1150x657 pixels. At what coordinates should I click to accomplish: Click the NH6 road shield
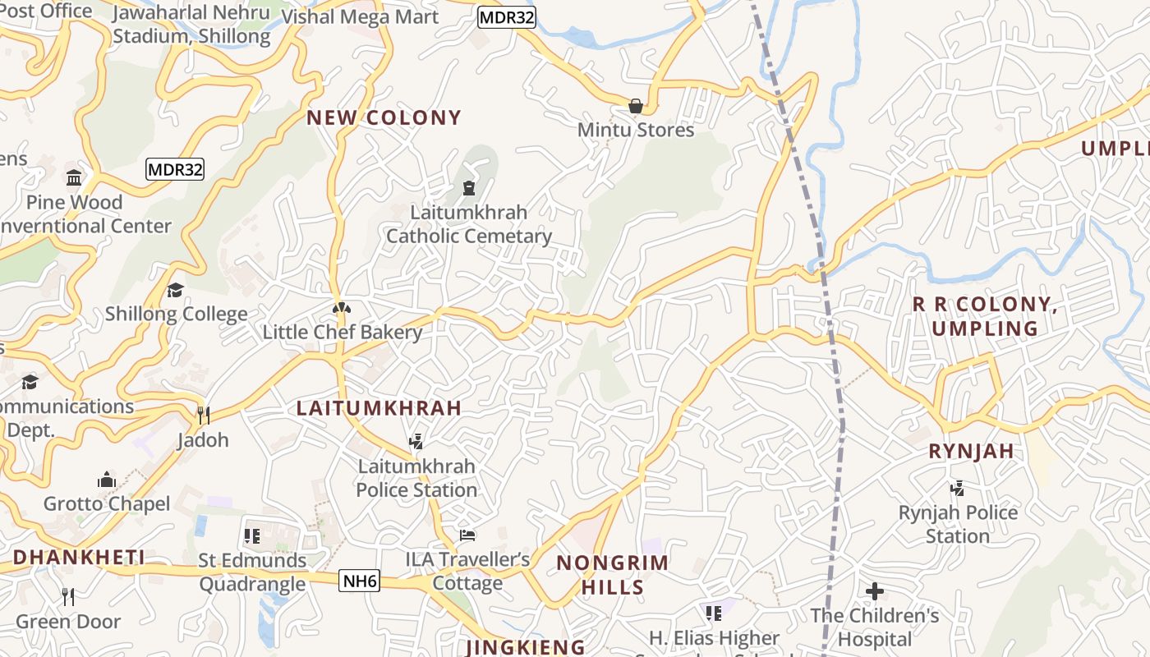[360, 581]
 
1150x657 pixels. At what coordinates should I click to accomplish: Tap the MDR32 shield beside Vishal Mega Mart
[507, 17]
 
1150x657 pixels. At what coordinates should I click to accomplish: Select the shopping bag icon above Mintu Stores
[635, 106]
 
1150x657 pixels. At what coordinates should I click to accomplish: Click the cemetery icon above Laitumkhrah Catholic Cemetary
[468, 188]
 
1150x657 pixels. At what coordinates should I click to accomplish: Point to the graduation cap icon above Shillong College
[175, 290]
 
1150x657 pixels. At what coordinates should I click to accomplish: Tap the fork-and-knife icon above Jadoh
[203, 416]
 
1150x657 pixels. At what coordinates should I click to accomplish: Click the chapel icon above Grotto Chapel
[107, 480]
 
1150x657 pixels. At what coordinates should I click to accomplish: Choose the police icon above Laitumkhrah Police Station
[416, 442]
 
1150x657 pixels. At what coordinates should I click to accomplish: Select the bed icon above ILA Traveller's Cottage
[467, 535]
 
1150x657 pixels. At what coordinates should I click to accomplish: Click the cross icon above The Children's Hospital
[875, 590]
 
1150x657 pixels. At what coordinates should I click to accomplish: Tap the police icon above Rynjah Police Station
[957, 489]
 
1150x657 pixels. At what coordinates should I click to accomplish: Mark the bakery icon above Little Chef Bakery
[342, 309]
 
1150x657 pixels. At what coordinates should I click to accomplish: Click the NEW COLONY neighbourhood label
[384, 117]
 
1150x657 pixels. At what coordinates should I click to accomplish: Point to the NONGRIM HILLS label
[613, 575]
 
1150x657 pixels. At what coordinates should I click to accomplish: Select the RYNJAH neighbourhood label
[971, 451]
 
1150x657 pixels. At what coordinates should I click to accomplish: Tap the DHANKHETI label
[79, 558]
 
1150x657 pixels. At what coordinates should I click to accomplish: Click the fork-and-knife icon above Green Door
[68, 597]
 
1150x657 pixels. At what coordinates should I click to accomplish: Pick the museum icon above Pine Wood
[74, 177]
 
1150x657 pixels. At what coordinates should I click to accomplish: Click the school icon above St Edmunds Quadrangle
[252, 536]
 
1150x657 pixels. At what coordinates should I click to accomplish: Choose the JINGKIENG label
[526, 647]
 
